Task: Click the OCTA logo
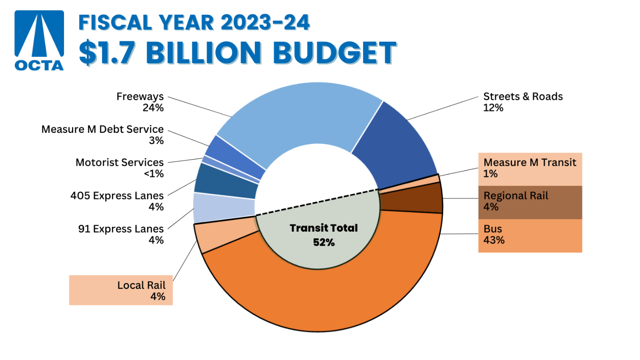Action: tap(39, 40)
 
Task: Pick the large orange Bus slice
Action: tap(322, 295)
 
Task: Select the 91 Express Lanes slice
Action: tap(224, 207)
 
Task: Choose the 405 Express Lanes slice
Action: tap(226, 182)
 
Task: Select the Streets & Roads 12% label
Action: tap(522, 102)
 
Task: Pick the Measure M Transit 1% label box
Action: tap(530, 169)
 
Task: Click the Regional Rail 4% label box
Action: tap(530, 202)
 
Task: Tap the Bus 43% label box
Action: tap(530, 235)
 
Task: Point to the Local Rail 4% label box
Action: tap(121, 290)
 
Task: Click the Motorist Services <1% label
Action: tap(119, 168)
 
